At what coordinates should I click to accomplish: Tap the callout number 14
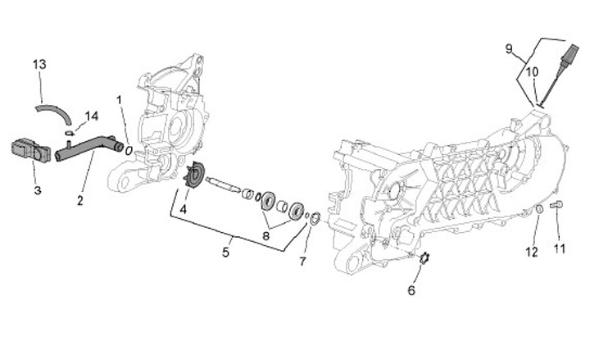point(91,115)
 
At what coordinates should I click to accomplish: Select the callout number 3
point(37,189)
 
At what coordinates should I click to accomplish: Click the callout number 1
point(120,99)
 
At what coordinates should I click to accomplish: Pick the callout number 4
point(183,208)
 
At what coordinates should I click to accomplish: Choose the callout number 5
point(226,253)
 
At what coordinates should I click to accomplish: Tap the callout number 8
point(265,236)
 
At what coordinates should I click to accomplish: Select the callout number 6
point(411,289)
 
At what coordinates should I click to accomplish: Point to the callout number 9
point(509,50)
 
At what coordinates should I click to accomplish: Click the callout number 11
point(560,248)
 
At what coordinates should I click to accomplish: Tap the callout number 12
point(531,251)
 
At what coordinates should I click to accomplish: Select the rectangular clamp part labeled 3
point(29,150)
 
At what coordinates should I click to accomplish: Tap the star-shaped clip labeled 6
point(423,260)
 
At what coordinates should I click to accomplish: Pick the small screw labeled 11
point(559,205)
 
